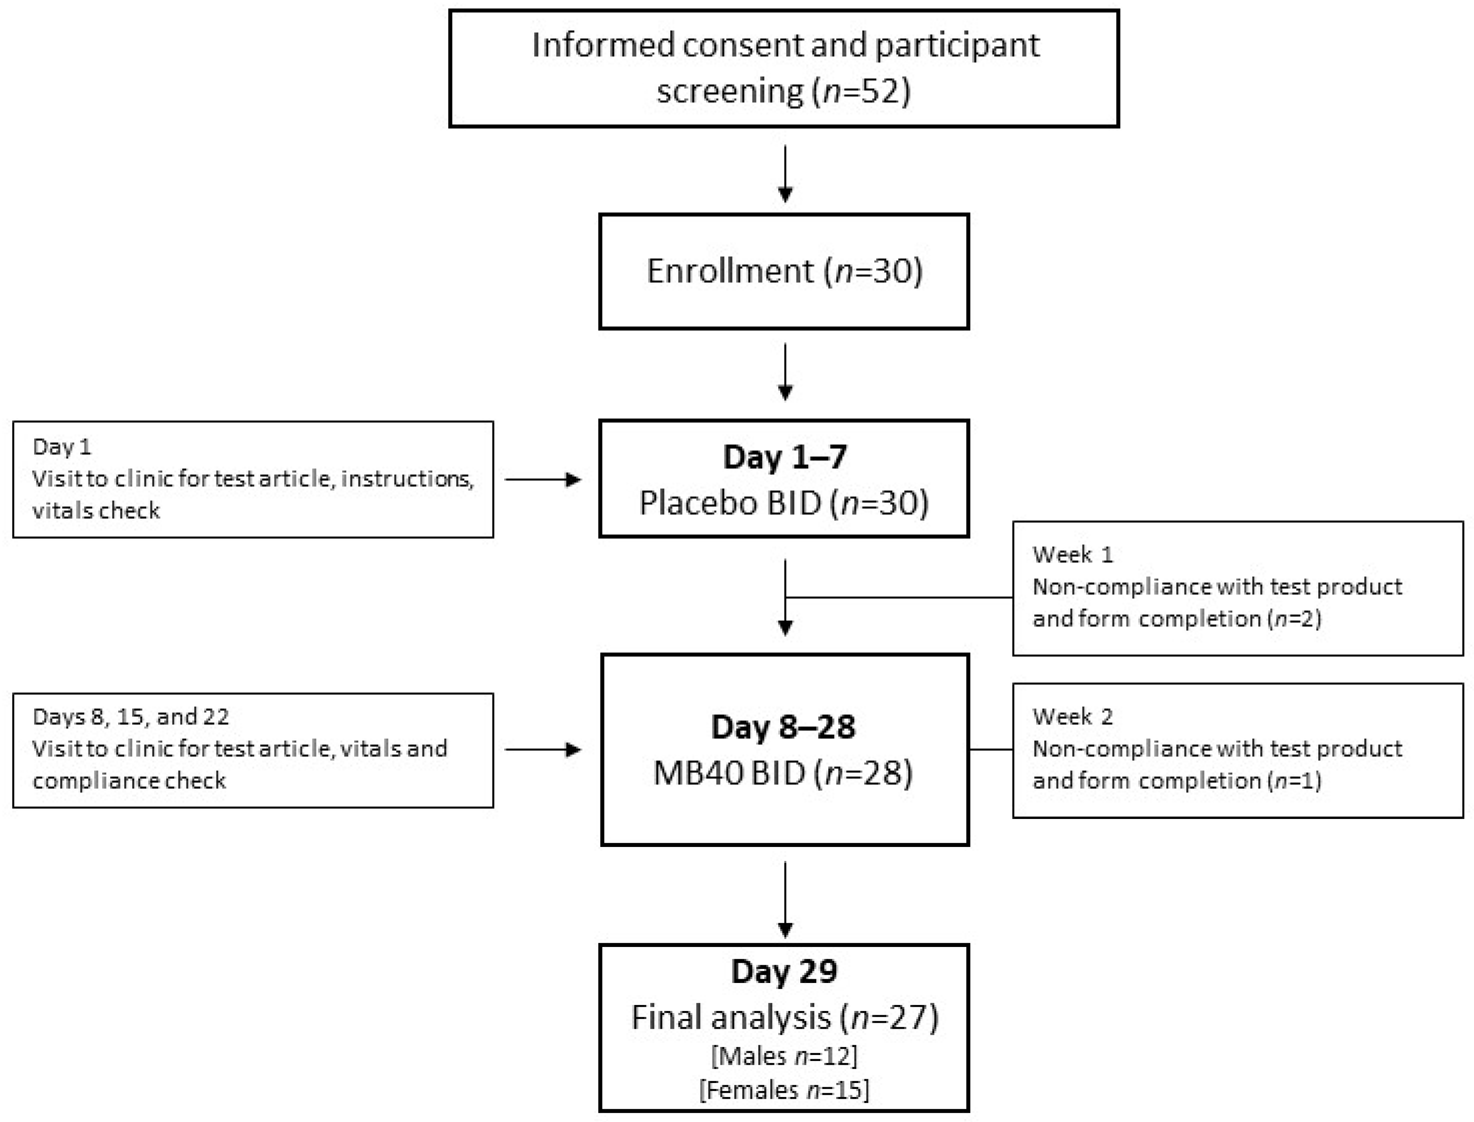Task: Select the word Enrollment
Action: [730, 271]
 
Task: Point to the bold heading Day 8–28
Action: [783, 727]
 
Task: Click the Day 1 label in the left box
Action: [61, 447]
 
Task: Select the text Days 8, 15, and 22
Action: [130, 717]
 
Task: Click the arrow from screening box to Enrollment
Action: [786, 173]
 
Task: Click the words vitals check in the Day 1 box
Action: [96, 511]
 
